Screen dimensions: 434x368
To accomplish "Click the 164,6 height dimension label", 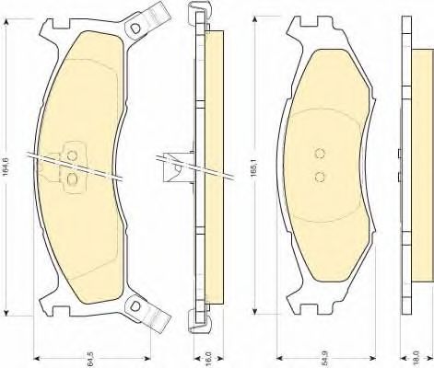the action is point(6,167).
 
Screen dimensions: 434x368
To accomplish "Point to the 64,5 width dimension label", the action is point(90,359).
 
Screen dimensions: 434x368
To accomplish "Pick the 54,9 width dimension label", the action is point(324,359).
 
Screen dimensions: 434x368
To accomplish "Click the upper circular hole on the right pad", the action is point(320,154).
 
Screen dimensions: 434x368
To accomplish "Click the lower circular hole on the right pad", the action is point(320,177).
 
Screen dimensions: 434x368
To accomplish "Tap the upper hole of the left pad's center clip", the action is point(72,155).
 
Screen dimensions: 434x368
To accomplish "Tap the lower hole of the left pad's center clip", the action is point(72,178).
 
